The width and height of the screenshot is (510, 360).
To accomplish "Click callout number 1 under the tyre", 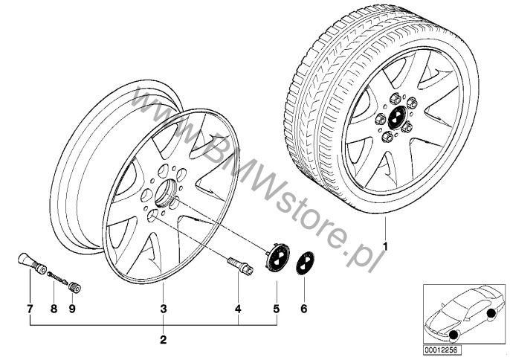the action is click(385, 247).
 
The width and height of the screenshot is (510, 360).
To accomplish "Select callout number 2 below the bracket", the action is click(164, 340).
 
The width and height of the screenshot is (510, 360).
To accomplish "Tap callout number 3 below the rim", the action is click(164, 309).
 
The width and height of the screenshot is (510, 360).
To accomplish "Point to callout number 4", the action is click(238, 309).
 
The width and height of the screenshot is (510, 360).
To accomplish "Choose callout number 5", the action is click(277, 309).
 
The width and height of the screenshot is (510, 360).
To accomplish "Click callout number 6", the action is click(304, 309).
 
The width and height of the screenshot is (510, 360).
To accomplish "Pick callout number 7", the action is click(30, 309).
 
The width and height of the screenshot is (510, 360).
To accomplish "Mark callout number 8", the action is click(54, 309).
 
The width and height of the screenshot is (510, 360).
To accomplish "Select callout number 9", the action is click(72, 309).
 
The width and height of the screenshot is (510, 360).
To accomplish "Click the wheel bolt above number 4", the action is click(240, 266).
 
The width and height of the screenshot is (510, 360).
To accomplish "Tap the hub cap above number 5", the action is click(277, 256).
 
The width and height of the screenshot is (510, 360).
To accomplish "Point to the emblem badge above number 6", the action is click(305, 264).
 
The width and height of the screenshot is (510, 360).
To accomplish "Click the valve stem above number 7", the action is click(31, 263).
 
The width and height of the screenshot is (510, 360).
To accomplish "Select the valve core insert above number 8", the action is click(57, 277).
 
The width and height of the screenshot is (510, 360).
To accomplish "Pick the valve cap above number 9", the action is click(75, 287).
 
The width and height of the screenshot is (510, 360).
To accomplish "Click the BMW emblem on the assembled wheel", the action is click(397, 117).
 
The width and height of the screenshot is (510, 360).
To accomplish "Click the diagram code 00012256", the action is click(438, 350).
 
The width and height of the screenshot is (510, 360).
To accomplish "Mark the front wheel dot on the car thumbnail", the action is click(453, 335).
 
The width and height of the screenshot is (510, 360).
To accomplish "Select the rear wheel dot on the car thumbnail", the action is click(491, 313).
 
